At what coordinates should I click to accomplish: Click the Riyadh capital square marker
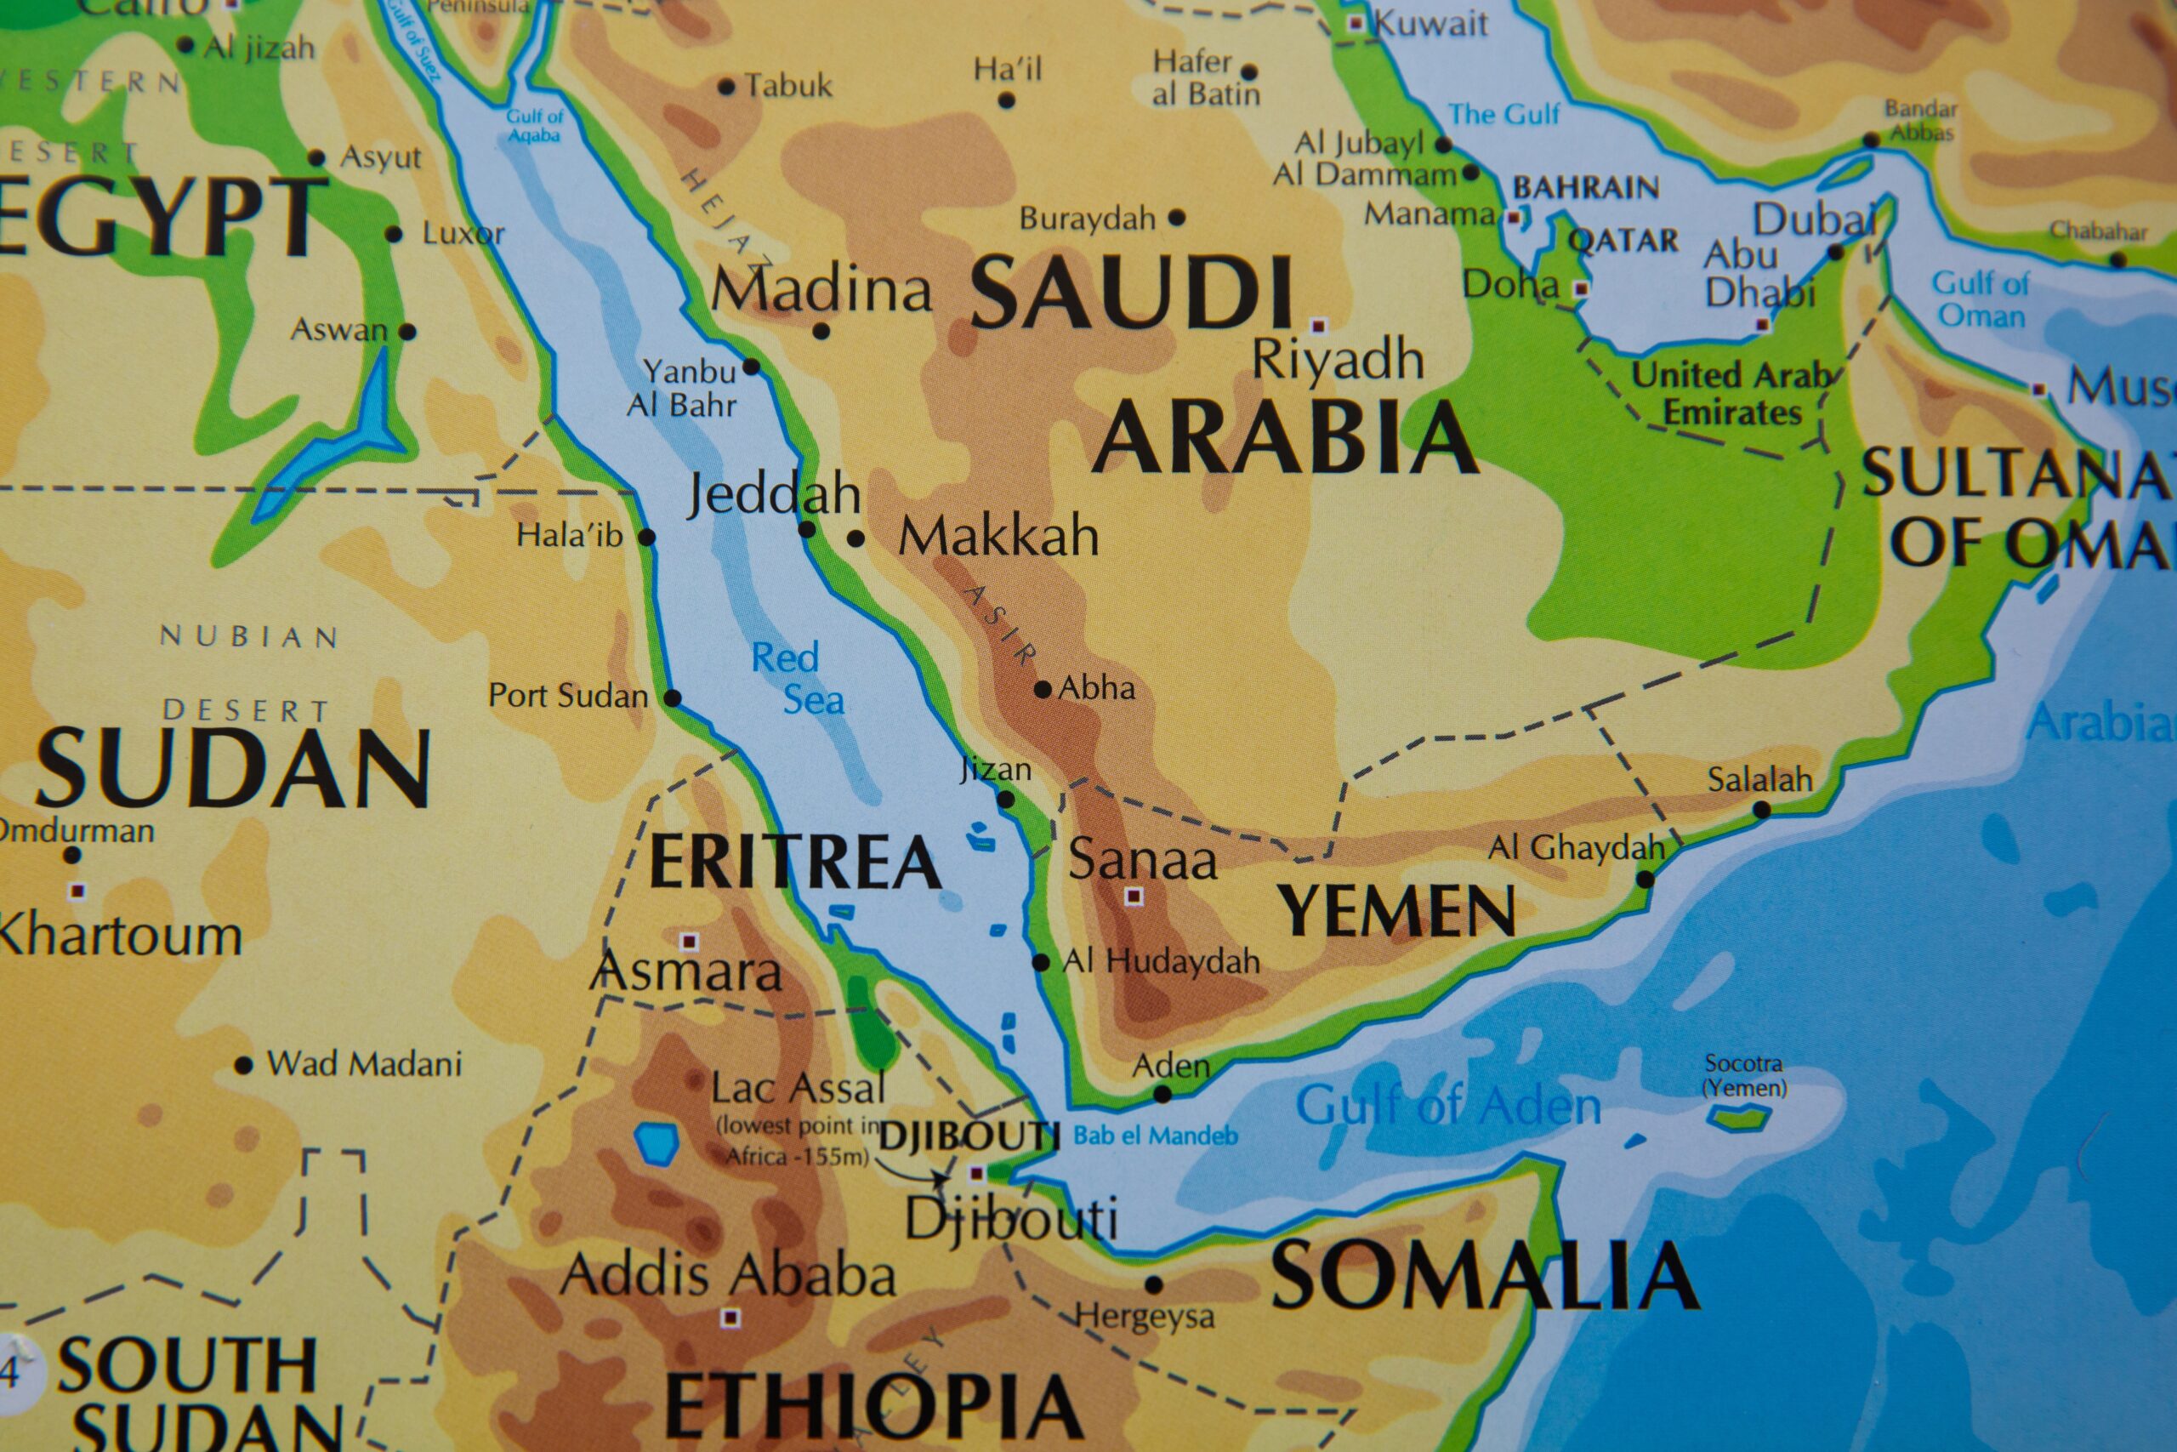1318,326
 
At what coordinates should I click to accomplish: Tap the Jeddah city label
774,494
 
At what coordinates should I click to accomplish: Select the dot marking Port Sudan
674,698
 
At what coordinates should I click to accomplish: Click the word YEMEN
1395,911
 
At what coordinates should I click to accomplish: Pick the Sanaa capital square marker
1133,897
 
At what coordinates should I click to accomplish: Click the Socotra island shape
1740,1118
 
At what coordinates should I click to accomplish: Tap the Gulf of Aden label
1447,1106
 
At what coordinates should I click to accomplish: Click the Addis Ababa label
729,1275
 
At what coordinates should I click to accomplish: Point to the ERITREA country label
794,861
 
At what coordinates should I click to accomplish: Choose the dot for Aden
1162,1095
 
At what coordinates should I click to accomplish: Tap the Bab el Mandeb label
1155,1136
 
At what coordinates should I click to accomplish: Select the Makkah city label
998,536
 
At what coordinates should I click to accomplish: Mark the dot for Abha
1043,689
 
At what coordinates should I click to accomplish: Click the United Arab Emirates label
1731,394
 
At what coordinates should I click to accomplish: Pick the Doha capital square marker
1582,289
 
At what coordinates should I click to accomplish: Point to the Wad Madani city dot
243,1066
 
